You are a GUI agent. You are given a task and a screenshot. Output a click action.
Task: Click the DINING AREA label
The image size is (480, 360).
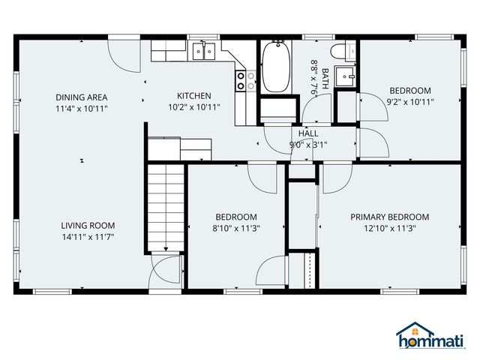(x=82, y=97)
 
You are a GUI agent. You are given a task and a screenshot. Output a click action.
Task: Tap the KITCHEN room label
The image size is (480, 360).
(x=193, y=96)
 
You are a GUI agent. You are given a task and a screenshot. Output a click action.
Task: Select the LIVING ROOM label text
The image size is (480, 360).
(x=88, y=225)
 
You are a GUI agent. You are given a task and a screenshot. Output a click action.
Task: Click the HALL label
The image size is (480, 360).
(x=308, y=133)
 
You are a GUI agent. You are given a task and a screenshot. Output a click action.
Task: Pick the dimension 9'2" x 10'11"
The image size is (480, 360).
(x=409, y=101)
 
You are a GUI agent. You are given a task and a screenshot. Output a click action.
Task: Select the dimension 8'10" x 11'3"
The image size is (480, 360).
(x=236, y=228)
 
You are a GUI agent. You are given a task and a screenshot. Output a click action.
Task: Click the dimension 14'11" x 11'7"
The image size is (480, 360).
(x=88, y=236)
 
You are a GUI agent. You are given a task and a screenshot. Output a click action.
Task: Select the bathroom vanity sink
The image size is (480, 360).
(x=345, y=76)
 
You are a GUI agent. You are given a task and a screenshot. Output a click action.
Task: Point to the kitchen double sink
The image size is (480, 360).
(x=203, y=51)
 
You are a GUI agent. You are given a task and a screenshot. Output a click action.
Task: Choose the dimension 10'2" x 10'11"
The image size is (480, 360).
(x=193, y=107)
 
